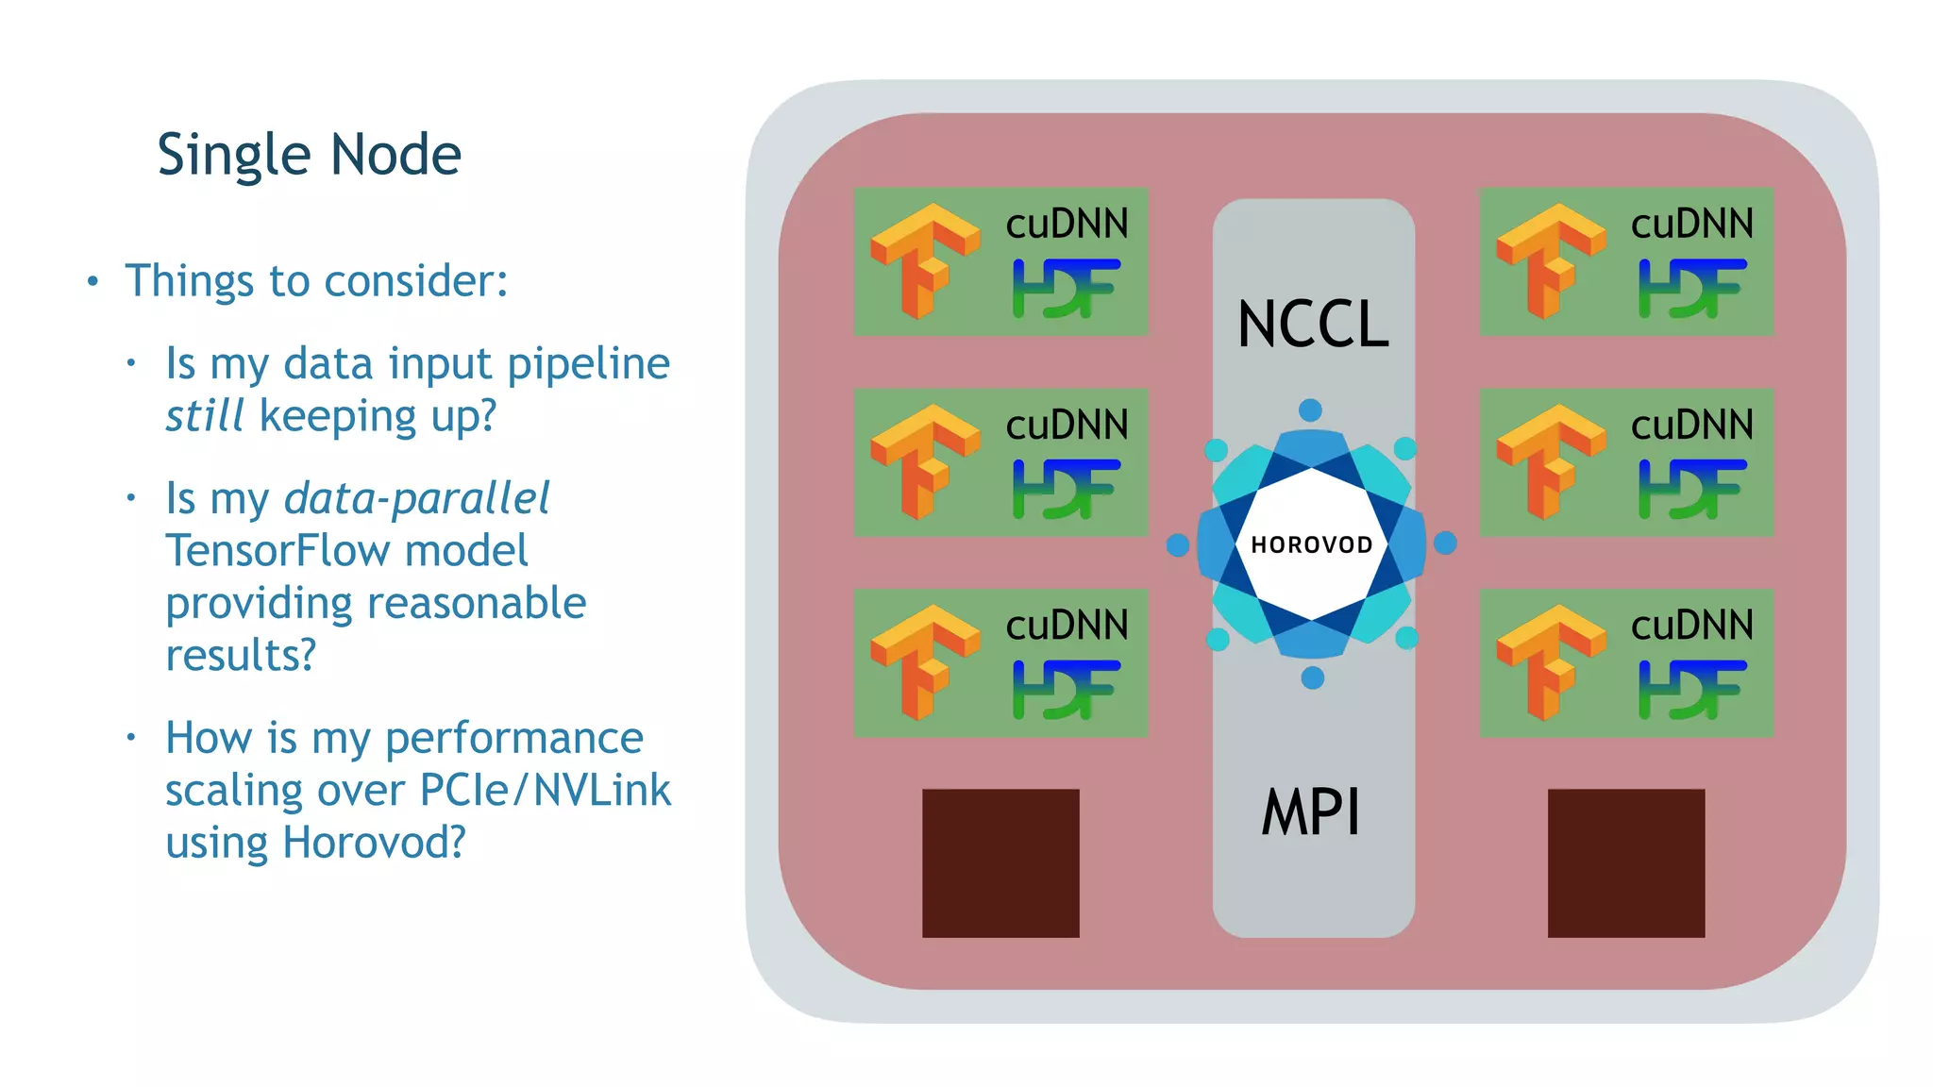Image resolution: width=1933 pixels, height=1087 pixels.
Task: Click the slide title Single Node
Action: point(309,155)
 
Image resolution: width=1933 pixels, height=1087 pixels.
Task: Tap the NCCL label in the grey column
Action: point(1313,325)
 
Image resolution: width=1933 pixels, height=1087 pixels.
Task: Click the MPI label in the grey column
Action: point(1312,812)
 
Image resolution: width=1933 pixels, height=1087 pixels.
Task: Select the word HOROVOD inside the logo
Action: point(1312,545)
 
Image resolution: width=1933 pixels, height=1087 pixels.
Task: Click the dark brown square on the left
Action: point(1000,862)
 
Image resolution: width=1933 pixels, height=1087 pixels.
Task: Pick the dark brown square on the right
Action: point(1625,862)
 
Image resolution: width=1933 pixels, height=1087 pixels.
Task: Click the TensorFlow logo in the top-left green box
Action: point(924,261)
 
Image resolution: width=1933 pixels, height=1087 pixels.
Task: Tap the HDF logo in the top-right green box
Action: point(1692,289)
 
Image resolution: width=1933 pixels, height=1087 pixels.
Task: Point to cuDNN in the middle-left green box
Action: point(1067,426)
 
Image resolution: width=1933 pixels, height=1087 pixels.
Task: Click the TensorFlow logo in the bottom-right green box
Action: point(1550,663)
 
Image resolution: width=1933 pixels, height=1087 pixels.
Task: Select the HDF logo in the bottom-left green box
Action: point(1067,690)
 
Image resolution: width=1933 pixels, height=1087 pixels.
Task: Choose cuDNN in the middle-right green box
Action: point(1692,426)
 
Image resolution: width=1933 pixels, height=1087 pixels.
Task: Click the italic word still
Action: point(205,416)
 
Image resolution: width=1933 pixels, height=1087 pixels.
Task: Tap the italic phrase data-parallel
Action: point(416,498)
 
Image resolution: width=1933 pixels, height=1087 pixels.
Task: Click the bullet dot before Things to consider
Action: point(92,281)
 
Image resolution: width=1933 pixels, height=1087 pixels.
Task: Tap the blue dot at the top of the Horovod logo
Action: point(1310,410)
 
